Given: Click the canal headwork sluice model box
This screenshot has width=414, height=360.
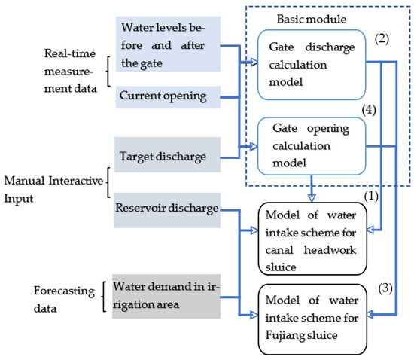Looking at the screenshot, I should click(x=315, y=231).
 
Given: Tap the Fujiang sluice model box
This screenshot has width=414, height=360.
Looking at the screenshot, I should click(x=315, y=316).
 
